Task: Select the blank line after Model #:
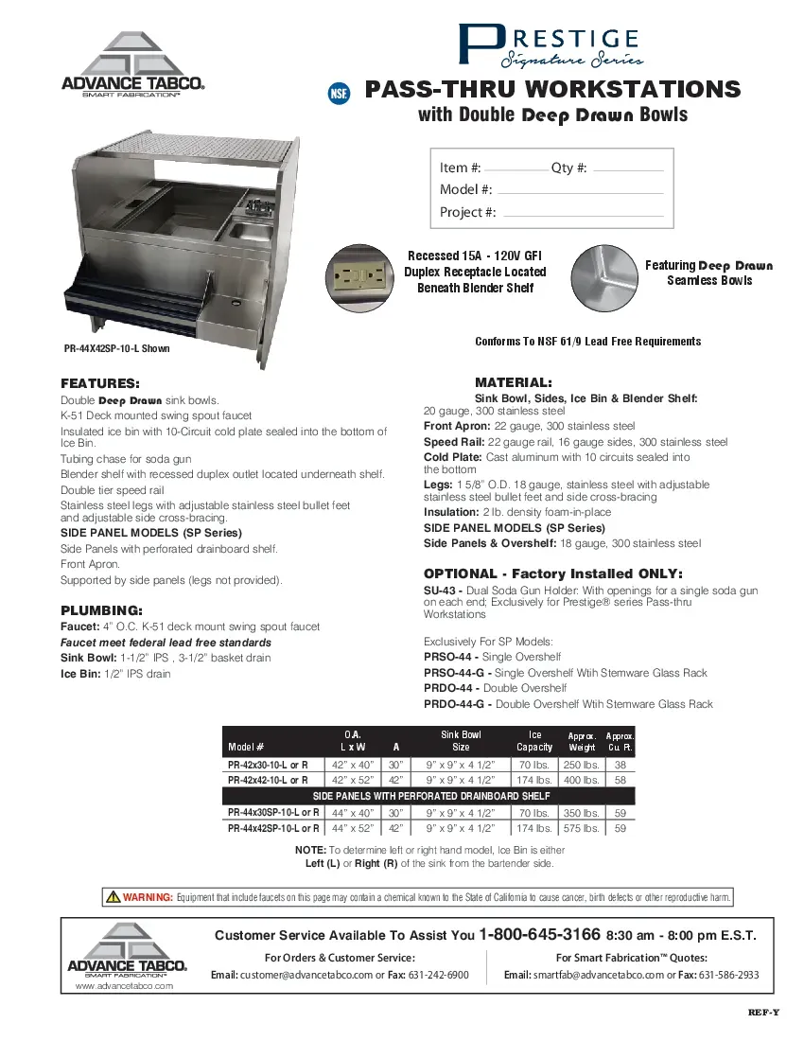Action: coord(580,192)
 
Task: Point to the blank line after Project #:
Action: coord(583,215)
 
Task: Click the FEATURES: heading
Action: coord(100,384)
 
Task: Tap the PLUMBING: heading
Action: coord(101,609)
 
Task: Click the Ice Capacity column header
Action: coord(534,740)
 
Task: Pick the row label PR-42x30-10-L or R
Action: coord(268,765)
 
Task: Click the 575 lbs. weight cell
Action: coord(582,828)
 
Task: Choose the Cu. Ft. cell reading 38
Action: coord(620,765)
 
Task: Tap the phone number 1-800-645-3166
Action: coord(539,935)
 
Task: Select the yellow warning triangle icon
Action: coord(113,897)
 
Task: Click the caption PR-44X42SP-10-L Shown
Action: coord(117,348)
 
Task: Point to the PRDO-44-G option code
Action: coord(456,704)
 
